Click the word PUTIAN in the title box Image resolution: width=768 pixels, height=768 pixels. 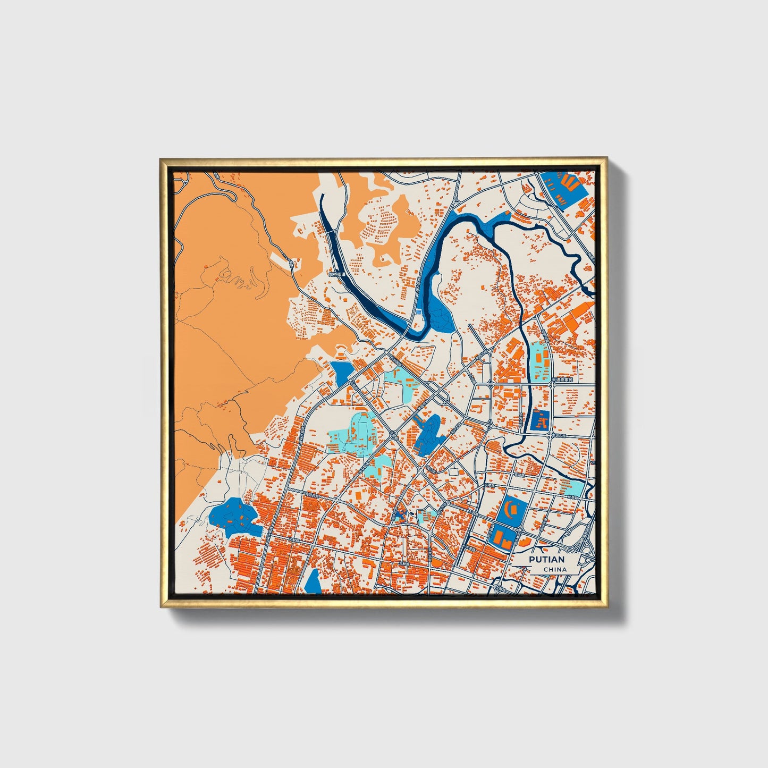[546, 560]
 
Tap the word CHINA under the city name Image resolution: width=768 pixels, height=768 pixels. [555, 569]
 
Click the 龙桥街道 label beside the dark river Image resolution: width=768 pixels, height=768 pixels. [336, 275]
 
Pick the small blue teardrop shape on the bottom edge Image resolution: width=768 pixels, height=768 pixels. [314, 581]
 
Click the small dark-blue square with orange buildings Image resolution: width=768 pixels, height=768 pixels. [540, 421]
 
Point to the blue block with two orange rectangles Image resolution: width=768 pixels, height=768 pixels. [503, 537]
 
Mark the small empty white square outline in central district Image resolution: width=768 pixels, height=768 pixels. [453, 472]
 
